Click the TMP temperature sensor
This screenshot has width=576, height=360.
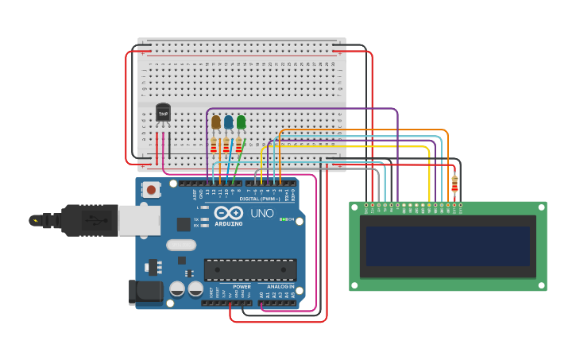(163, 114)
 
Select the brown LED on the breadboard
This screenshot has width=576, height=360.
(216, 122)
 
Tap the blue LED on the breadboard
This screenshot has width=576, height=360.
(229, 122)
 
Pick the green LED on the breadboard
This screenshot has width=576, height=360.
(242, 122)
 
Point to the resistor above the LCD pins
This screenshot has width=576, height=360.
(454, 184)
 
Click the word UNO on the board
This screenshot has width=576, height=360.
(262, 213)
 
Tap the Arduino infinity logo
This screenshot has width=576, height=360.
(228, 213)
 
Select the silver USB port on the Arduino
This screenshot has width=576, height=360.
(139, 220)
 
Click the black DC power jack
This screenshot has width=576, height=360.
(145, 292)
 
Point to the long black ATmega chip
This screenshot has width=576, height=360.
(250, 269)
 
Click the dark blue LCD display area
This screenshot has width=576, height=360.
(447, 246)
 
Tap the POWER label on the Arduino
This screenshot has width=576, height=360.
(242, 286)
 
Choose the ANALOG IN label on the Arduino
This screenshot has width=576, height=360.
(280, 286)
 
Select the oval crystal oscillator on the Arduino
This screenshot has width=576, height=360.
(181, 245)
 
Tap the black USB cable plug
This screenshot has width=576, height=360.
(79, 220)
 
